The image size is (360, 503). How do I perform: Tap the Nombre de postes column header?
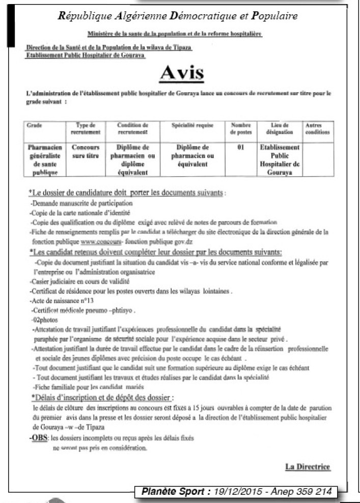(241, 128)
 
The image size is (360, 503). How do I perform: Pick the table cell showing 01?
(241, 147)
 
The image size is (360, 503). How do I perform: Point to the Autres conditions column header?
(317, 128)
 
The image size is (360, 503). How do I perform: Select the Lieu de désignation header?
(280, 128)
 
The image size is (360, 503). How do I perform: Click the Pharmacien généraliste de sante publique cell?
(44, 159)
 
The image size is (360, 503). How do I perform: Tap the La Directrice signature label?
(309, 467)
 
